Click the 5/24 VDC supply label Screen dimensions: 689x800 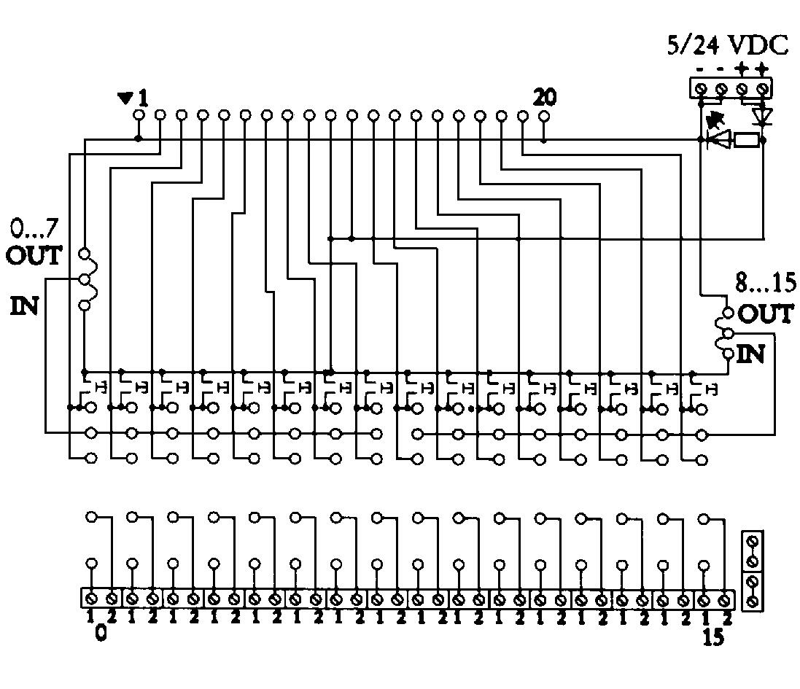coord(727,45)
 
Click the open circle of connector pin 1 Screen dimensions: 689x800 coord(139,115)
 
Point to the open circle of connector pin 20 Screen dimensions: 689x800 coord(543,115)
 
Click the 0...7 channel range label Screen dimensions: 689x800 coord(33,230)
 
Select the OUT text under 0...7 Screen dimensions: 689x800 coord(34,256)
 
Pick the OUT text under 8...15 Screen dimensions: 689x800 coord(765,314)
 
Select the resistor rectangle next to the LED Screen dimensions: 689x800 coord(746,140)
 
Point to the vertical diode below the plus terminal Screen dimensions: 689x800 coord(763,115)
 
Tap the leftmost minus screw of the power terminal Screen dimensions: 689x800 coord(701,89)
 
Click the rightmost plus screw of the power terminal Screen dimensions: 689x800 coord(762,89)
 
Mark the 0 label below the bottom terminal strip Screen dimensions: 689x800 coord(101,633)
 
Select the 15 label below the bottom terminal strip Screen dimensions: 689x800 coord(712,637)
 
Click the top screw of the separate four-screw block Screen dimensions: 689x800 coord(752,542)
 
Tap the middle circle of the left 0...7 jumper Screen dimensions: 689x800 coord(84,280)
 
